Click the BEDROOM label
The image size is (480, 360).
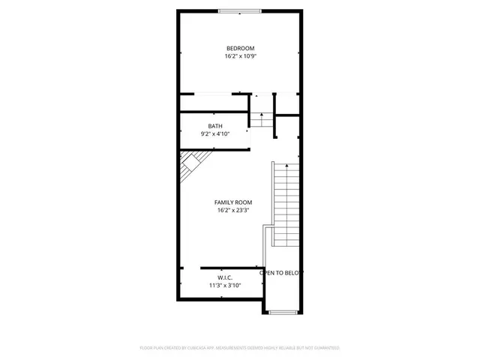(x=240, y=48)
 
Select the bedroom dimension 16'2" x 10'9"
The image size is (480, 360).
(x=240, y=56)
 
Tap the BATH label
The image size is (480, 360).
(x=215, y=126)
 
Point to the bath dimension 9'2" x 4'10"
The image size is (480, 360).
(x=215, y=134)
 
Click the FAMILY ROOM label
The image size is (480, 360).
(x=233, y=202)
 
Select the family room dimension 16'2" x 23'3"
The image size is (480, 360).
(x=233, y=211)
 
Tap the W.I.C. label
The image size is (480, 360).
(x=225, y=277)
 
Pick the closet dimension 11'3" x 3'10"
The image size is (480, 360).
(x=225, y=286)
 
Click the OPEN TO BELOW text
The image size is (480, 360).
(x=281, y=273)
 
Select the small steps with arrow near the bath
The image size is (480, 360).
(x=260, y=118)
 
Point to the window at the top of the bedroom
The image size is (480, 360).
(x=240, y=10)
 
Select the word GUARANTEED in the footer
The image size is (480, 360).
(x=325, y=348)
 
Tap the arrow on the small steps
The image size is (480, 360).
(x=260, y=115)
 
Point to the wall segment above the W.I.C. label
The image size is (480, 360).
(x=229, y=267)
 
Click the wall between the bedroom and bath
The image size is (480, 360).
(x=214, y=112)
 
